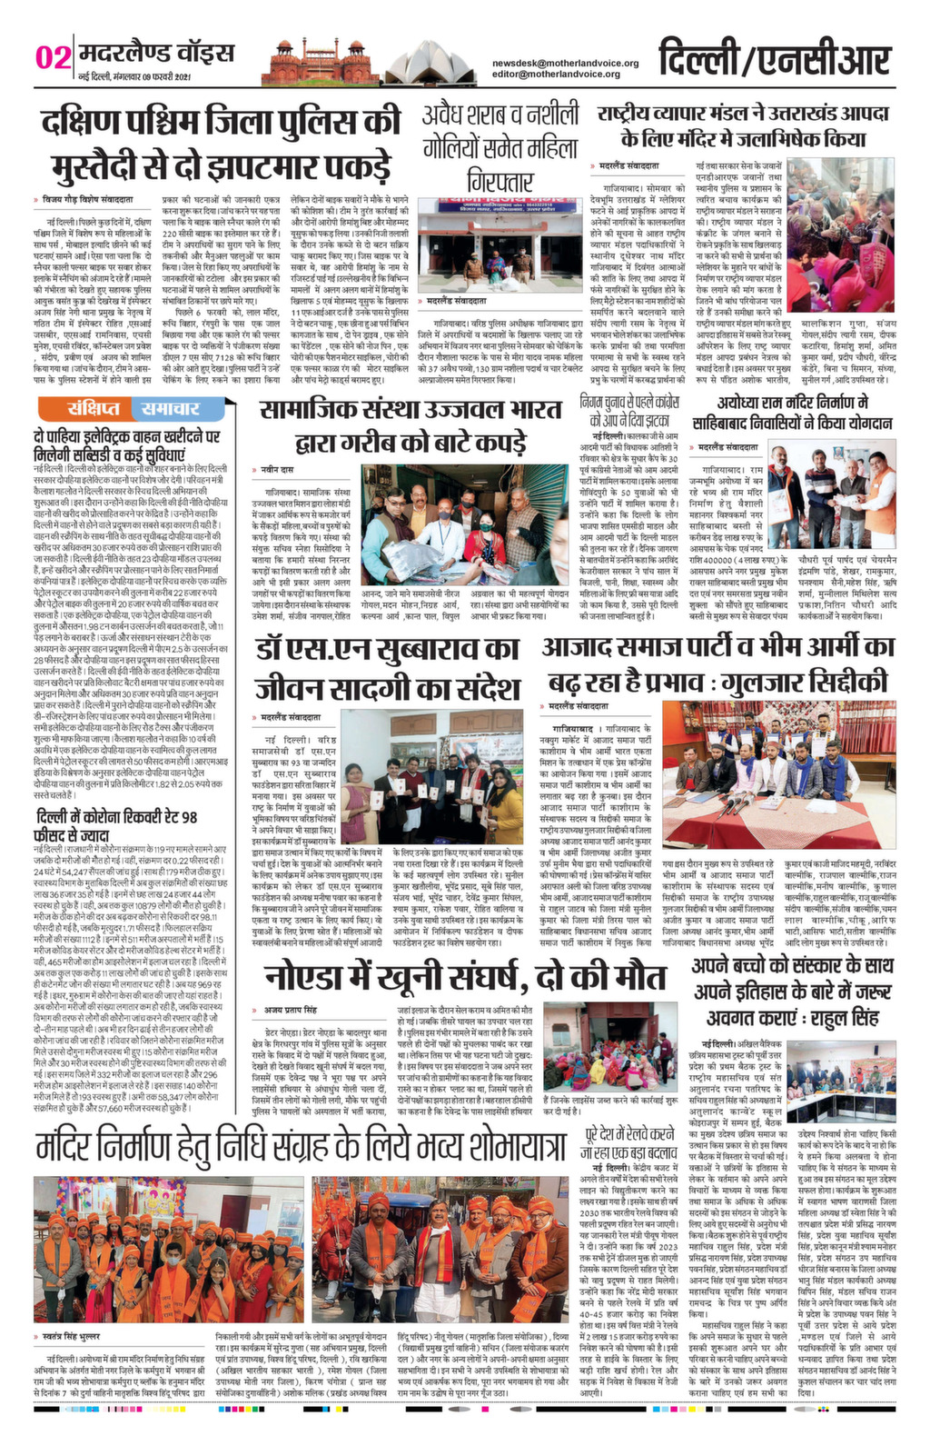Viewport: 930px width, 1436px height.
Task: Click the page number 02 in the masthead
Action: coord(53,56)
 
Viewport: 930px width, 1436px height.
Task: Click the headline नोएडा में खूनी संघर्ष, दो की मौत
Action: coord(465,952)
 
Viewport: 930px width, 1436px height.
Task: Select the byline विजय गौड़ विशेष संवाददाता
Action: coord(89,198)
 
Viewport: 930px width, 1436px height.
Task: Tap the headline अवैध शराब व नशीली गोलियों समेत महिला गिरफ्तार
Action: coord(499,145)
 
